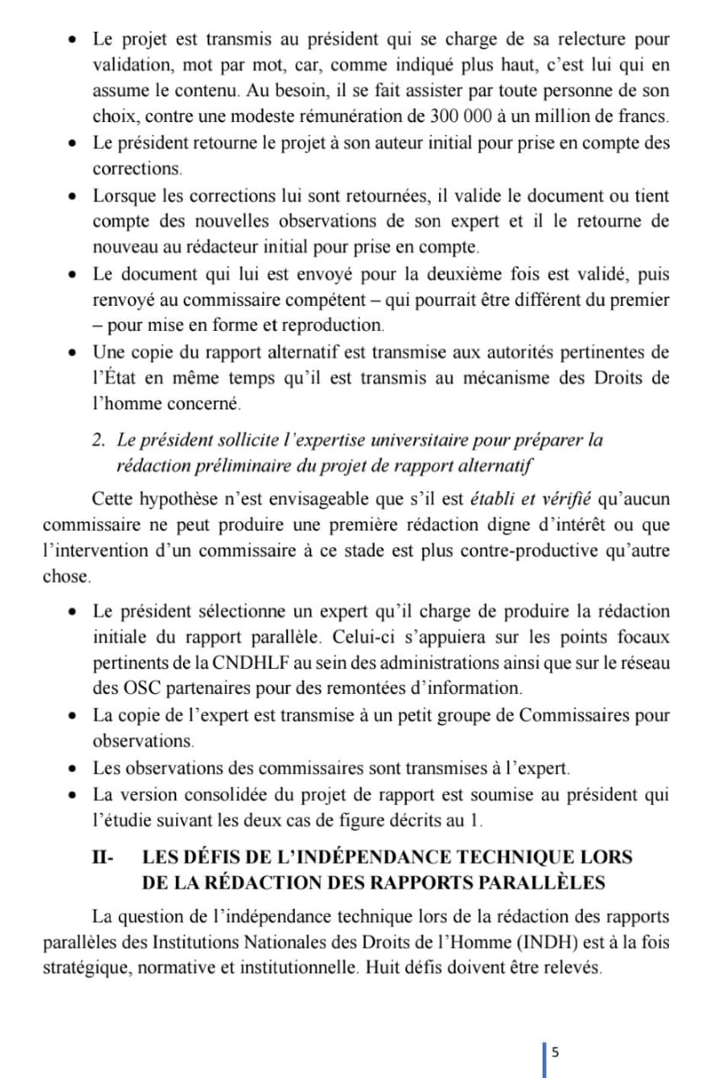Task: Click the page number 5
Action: pyautogui.click(x=555, y=1052)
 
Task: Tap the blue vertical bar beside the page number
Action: pyautogui.click(x=544, y=1059)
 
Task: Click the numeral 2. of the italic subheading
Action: pyautogui.click(x=99, y=440)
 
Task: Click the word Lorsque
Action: pyautogui.click(x=126, y=196)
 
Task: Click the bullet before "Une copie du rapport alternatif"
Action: pyautogui.click(x=75, y=351)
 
